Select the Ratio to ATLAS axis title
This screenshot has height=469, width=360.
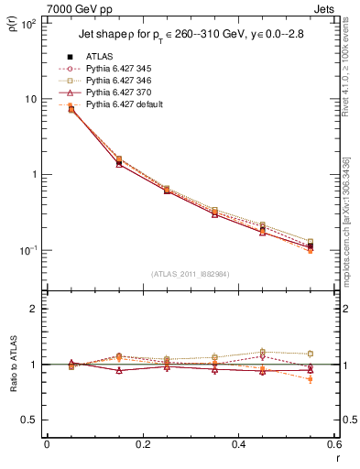(11, 366)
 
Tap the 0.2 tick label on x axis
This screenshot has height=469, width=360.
(142, 444)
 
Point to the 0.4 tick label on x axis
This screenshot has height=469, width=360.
(238, 444)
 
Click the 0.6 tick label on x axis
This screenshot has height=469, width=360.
(333, 444)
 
